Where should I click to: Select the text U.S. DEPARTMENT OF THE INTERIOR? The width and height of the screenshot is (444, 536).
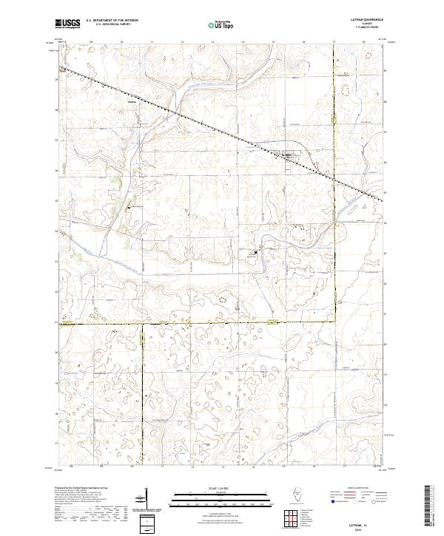tap(112, 21)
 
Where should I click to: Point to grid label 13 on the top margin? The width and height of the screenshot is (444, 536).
tap(212, 42)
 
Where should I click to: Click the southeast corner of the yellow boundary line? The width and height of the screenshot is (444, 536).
tap(333, 322)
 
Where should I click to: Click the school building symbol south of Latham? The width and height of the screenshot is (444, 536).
tap(257, 253)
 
